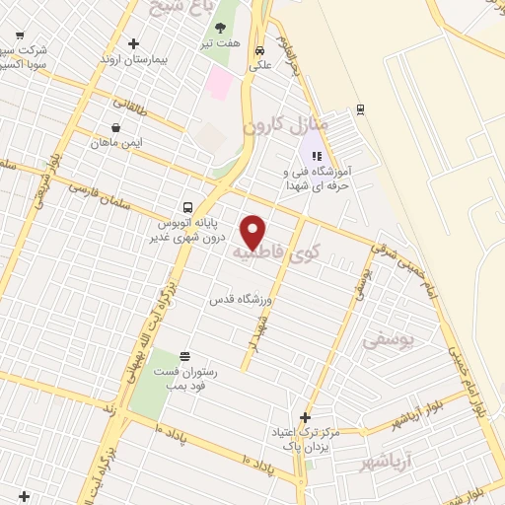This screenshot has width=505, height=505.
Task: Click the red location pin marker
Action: click(254, 231)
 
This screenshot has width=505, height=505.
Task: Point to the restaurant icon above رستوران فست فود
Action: click(184, 356)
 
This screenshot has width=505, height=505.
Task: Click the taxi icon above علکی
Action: click(258, 51)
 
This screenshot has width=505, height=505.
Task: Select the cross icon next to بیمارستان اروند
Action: click(134, 43)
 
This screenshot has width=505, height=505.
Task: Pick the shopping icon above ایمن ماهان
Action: click(117, 127)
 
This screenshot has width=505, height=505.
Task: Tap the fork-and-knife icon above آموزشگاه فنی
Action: click(317, 155)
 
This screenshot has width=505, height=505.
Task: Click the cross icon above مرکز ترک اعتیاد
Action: click(305, 417)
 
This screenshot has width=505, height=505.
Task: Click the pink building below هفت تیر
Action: click(220, 85)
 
